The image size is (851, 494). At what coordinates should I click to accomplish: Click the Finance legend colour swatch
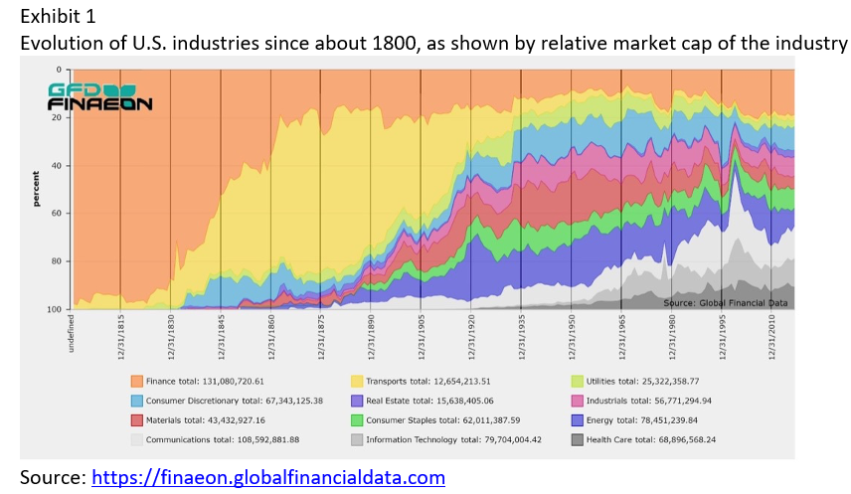138,381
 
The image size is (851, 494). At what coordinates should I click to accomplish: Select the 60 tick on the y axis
61,214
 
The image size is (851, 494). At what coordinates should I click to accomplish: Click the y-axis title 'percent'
37,189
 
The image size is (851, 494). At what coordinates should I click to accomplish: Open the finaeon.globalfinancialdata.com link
268,478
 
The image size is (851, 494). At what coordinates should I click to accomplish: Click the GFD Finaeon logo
99,95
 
